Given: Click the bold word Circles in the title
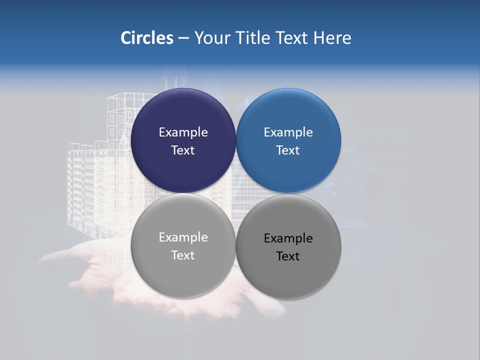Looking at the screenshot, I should (x=146, y=38).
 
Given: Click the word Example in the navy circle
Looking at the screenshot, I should (x=183, y=132).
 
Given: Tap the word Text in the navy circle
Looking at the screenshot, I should (x=183, y=150).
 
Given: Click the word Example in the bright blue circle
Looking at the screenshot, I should (x=288, y=132).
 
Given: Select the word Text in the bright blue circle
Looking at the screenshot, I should (x=288, y=150).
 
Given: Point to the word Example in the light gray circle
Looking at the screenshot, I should (x=183, y=237).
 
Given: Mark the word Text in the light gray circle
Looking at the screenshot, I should (x=183, y=255).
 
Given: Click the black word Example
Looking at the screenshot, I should (x=288, y=238).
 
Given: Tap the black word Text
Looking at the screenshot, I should (x=288, y=256).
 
